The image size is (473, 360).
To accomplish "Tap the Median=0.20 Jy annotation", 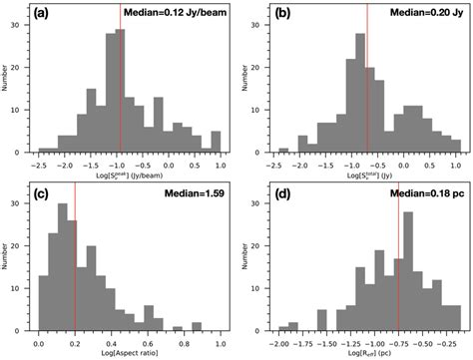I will pyautogui.click(x=424, y=14).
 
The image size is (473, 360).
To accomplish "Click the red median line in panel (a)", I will pyautogui.click(x=121, y=90).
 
